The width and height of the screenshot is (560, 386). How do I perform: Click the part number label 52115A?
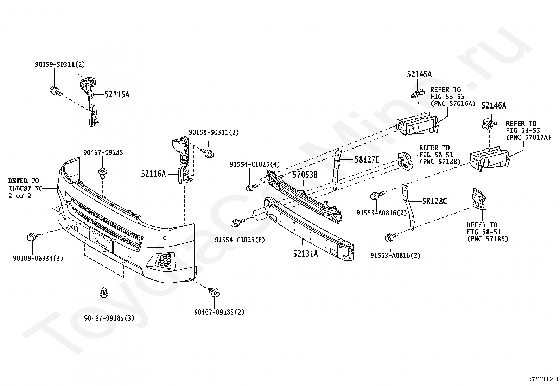[117, 94]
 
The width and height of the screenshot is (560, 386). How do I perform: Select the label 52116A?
[153, 174]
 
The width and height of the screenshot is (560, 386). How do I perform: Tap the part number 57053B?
[305, 175]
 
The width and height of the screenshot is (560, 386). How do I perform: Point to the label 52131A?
[305, 254]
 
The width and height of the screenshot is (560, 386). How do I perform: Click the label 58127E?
[367, 159]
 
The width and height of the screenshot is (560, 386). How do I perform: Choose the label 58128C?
[435, 201]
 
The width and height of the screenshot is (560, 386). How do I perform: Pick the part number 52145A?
[419, 74]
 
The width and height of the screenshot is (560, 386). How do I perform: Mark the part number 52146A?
[494, 106]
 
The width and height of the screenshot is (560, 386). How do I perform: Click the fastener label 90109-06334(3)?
[38, 258]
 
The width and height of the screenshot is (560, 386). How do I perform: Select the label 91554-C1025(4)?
[255, 164]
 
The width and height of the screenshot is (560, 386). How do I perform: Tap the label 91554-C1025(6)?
[240, 240]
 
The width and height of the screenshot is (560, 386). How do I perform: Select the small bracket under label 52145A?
[418, 93]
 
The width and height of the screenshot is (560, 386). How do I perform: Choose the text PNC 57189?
[488, 239]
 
